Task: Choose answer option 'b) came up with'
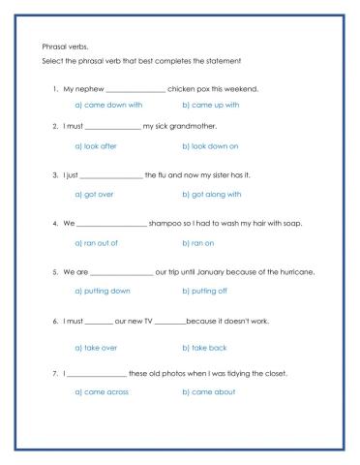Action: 210,105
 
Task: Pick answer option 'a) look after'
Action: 96,145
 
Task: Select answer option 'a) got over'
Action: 94,194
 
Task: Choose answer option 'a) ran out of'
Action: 96,242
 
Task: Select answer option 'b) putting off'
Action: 203,291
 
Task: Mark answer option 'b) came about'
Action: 207,392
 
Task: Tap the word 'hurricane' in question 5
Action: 291,271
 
